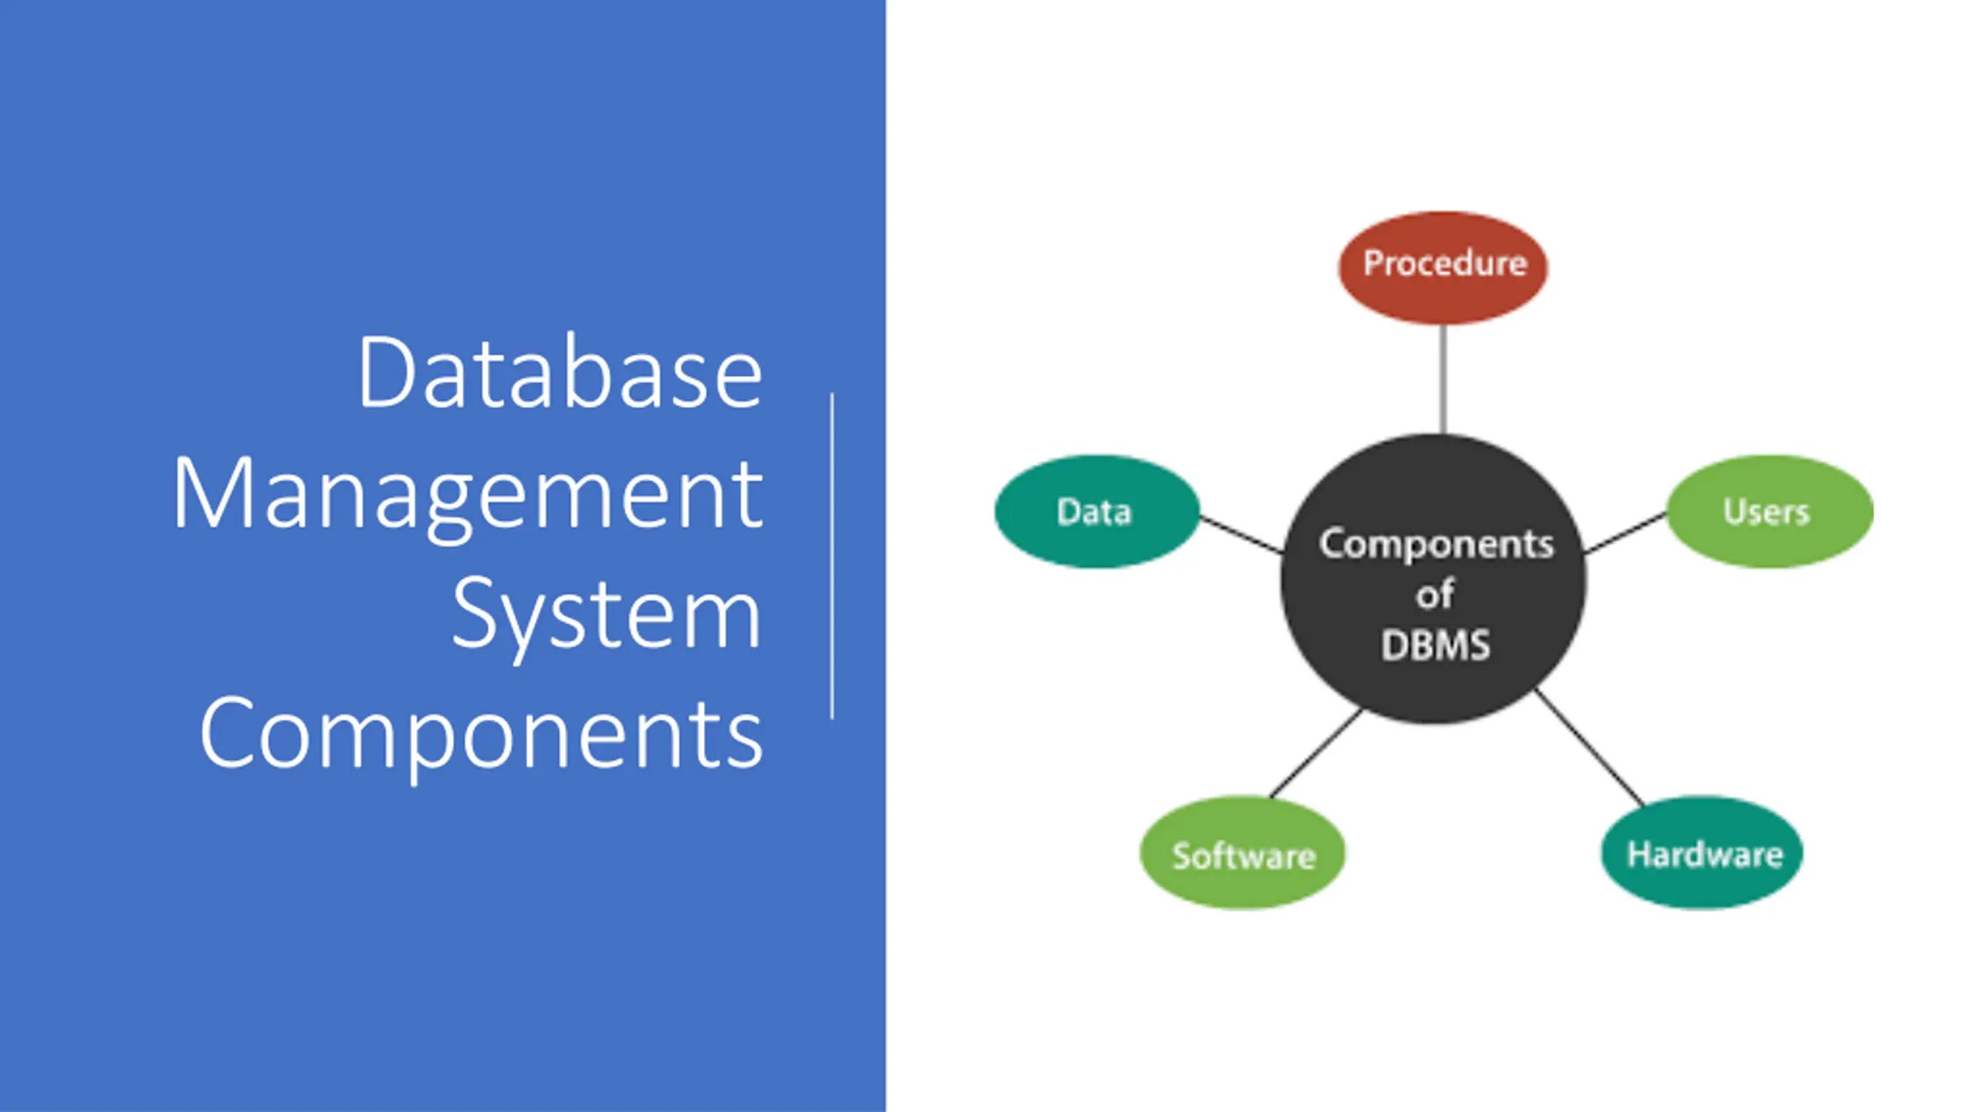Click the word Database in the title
[560, 372]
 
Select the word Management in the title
[468, 494]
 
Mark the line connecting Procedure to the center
[1443, 378]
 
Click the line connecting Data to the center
[1241, 534]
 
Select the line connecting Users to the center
[1625, 533]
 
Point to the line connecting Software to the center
[1315, 754]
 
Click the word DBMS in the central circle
[1435, 646]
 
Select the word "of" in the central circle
[1434, 595]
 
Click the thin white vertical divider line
[832, 556]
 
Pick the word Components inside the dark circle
[1436, 544]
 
